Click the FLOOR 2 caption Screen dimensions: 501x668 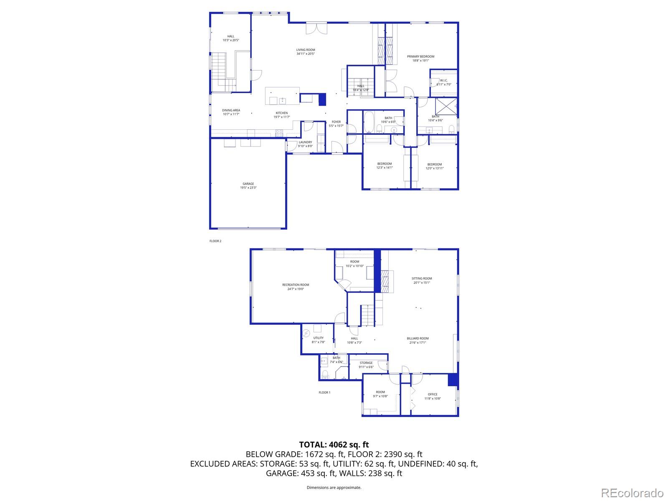[215, 241]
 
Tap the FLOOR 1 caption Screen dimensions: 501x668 [324, 392]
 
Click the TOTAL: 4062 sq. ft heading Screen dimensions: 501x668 [334, 445]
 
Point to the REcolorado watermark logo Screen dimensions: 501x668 [633, 493]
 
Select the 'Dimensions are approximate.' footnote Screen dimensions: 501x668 [334, 487]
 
